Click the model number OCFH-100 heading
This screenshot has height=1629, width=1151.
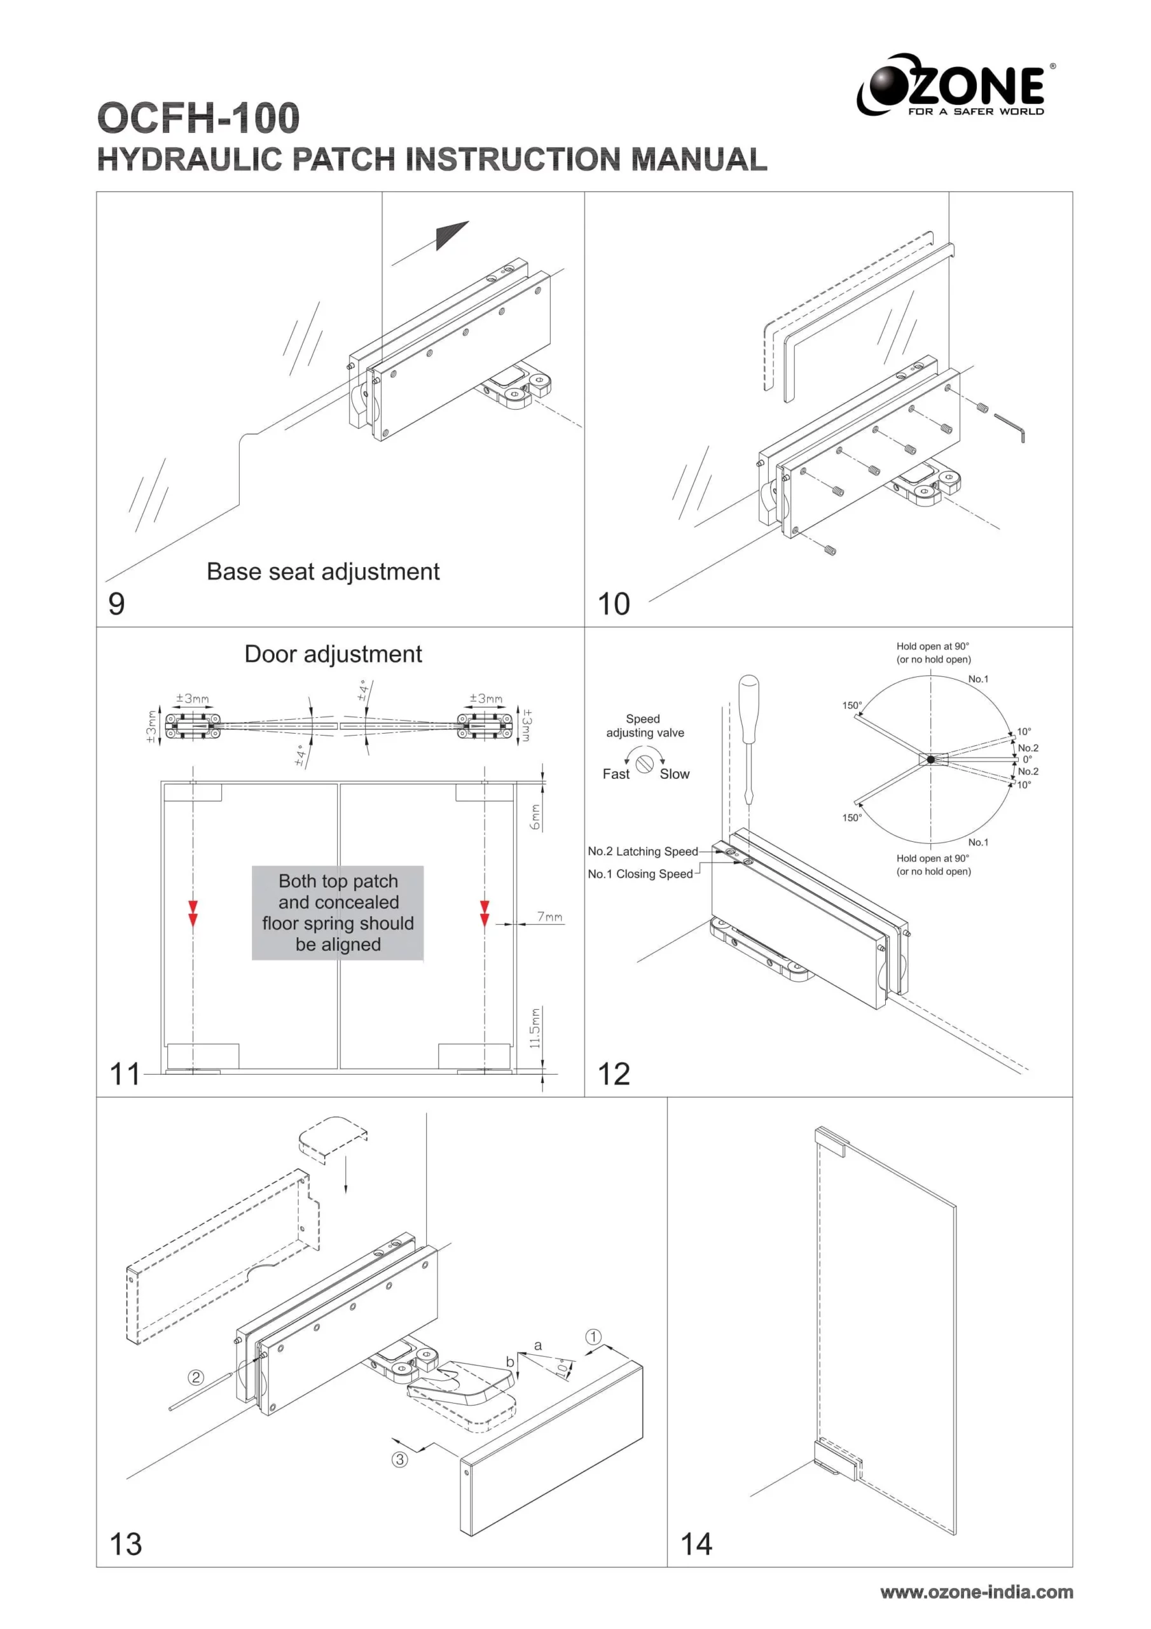[198, 118]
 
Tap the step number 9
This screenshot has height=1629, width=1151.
[116, 604]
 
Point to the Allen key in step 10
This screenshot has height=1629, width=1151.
[1010, 427]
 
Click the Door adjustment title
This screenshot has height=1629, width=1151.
[333, 654]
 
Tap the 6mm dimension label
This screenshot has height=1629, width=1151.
[535, 816]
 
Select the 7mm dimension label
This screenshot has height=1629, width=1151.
[549, 917]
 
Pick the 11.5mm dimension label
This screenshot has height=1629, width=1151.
[535, 1027]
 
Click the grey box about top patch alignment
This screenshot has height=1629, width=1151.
[338, 912]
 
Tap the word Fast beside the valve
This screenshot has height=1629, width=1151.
[616, 774]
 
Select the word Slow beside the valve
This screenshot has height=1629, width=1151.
[675, 774]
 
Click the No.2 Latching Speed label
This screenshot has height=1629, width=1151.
[642, 851]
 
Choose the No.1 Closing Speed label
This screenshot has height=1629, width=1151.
[640, 874]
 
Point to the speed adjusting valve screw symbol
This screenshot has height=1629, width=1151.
[645, 764]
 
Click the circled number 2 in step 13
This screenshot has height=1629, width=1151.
[196, 1377]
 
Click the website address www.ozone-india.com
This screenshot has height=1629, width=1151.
[977, 1592]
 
